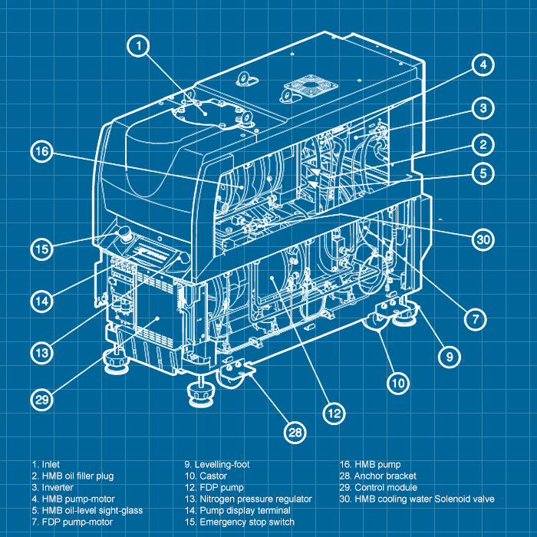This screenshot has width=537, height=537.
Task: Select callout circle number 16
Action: [43, 153]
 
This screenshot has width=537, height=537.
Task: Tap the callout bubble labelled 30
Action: [483, 240]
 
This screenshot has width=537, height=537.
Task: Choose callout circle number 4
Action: [482, 65]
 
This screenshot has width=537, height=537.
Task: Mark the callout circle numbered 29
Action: [43, 399]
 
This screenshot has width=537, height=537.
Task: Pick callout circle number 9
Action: [450, 355]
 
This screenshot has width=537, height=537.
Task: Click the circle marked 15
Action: [43, 249]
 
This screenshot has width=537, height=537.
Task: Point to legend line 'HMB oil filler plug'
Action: [73, 476]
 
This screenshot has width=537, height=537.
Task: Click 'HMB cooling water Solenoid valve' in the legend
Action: [417, 499]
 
